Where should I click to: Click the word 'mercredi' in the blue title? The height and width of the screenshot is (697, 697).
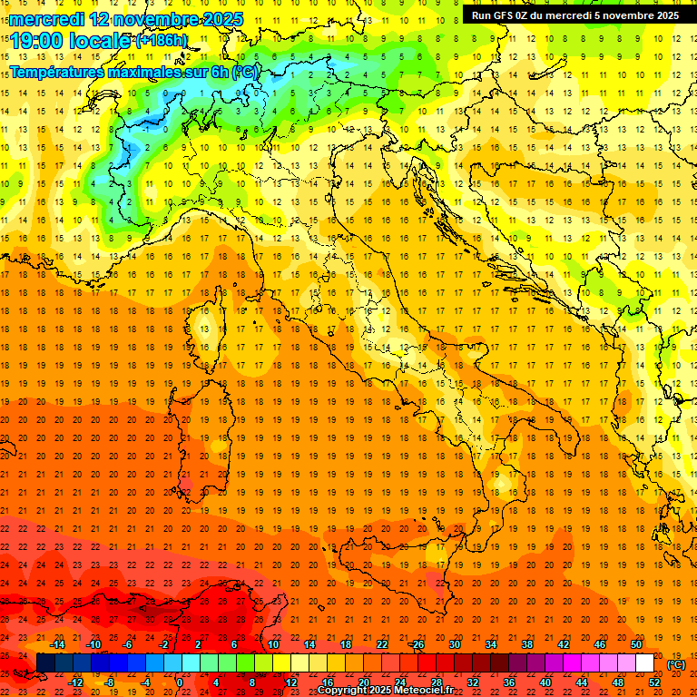click(48, 19)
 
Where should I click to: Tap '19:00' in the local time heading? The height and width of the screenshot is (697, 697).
click(37, 41)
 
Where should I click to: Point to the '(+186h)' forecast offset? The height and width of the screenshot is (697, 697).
click(162, 41)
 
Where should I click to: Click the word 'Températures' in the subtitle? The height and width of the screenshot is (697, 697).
click(57, 72)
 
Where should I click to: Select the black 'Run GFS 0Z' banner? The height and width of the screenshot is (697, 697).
click(575, 15)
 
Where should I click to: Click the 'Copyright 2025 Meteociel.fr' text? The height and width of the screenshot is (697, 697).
click(386, 691)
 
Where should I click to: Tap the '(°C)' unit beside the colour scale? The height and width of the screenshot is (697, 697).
click(677, 664)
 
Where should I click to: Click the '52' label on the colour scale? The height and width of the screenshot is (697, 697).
click(654, 682)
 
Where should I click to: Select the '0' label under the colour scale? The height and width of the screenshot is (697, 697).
click(180, 682)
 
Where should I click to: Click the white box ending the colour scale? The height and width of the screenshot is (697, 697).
click(645, 663)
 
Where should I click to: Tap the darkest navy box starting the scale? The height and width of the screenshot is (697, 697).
click(45, 663)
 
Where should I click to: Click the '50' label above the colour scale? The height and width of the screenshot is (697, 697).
click(636, 644)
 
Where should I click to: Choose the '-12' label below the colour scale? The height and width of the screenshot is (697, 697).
click(76, 682)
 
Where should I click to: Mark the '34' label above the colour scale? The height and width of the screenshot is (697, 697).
click(491, 644)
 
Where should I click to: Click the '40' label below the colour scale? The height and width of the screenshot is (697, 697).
click(545, 682)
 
